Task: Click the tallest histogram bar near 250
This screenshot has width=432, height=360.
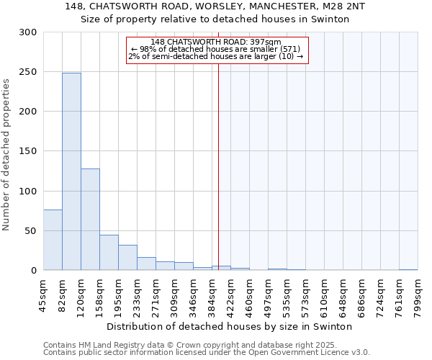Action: [x=71, y=171]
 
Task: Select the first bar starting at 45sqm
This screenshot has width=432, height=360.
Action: [x=53, y=240]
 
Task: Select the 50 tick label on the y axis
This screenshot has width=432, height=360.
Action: [x=31, y=231]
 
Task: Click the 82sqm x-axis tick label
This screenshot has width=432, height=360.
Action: [x=63, y=294]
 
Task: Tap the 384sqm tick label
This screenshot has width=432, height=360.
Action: [x=212, y=295]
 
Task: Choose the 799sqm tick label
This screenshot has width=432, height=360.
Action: [x=418, y=295]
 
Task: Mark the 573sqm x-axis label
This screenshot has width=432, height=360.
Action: [x=306, y=295]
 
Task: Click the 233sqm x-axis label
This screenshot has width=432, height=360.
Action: [x=138, y=295]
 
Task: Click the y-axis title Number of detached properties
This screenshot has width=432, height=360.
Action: [x=7, y=155]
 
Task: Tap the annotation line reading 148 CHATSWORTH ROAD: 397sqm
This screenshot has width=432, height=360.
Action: [x=217, y=42]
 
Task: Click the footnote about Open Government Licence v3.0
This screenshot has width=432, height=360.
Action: [x=207, y=353]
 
